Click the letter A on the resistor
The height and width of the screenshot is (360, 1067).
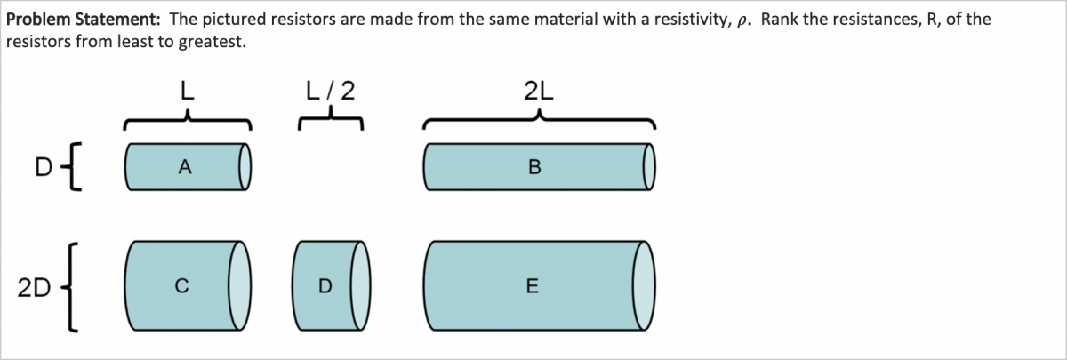(x=184, y=166)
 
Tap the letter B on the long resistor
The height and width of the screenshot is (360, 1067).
(x=533, y=166)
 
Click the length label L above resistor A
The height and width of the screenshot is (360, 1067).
(x=187, y=90)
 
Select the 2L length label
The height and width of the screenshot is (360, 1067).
(x=539, y=90)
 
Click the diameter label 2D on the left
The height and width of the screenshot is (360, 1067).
(x=32, y=286)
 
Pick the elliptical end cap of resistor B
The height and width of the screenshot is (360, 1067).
(x=649, y=166)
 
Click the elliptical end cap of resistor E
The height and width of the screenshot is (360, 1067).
(x=644, y=285)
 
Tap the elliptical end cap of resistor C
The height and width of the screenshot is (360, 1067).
(x=241, y=285)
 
